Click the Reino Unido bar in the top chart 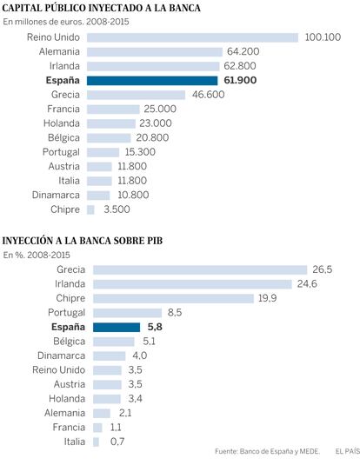192,37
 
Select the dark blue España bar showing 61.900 152,81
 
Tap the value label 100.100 323,37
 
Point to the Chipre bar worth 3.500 90,209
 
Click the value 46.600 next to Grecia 209,95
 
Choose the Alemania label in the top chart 59,51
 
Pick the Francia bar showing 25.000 113,110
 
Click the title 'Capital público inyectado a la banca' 102,8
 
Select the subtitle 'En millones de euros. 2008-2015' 66,22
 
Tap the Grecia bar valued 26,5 200,269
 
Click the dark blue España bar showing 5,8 117,328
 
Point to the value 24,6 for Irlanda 307,284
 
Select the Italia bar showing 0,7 96,442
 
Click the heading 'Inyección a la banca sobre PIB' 83,241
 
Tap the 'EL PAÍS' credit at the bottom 348,452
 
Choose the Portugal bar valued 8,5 127,313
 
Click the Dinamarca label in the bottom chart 62,355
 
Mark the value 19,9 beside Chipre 268,298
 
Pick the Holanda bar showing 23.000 111,123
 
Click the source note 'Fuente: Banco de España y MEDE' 268,452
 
